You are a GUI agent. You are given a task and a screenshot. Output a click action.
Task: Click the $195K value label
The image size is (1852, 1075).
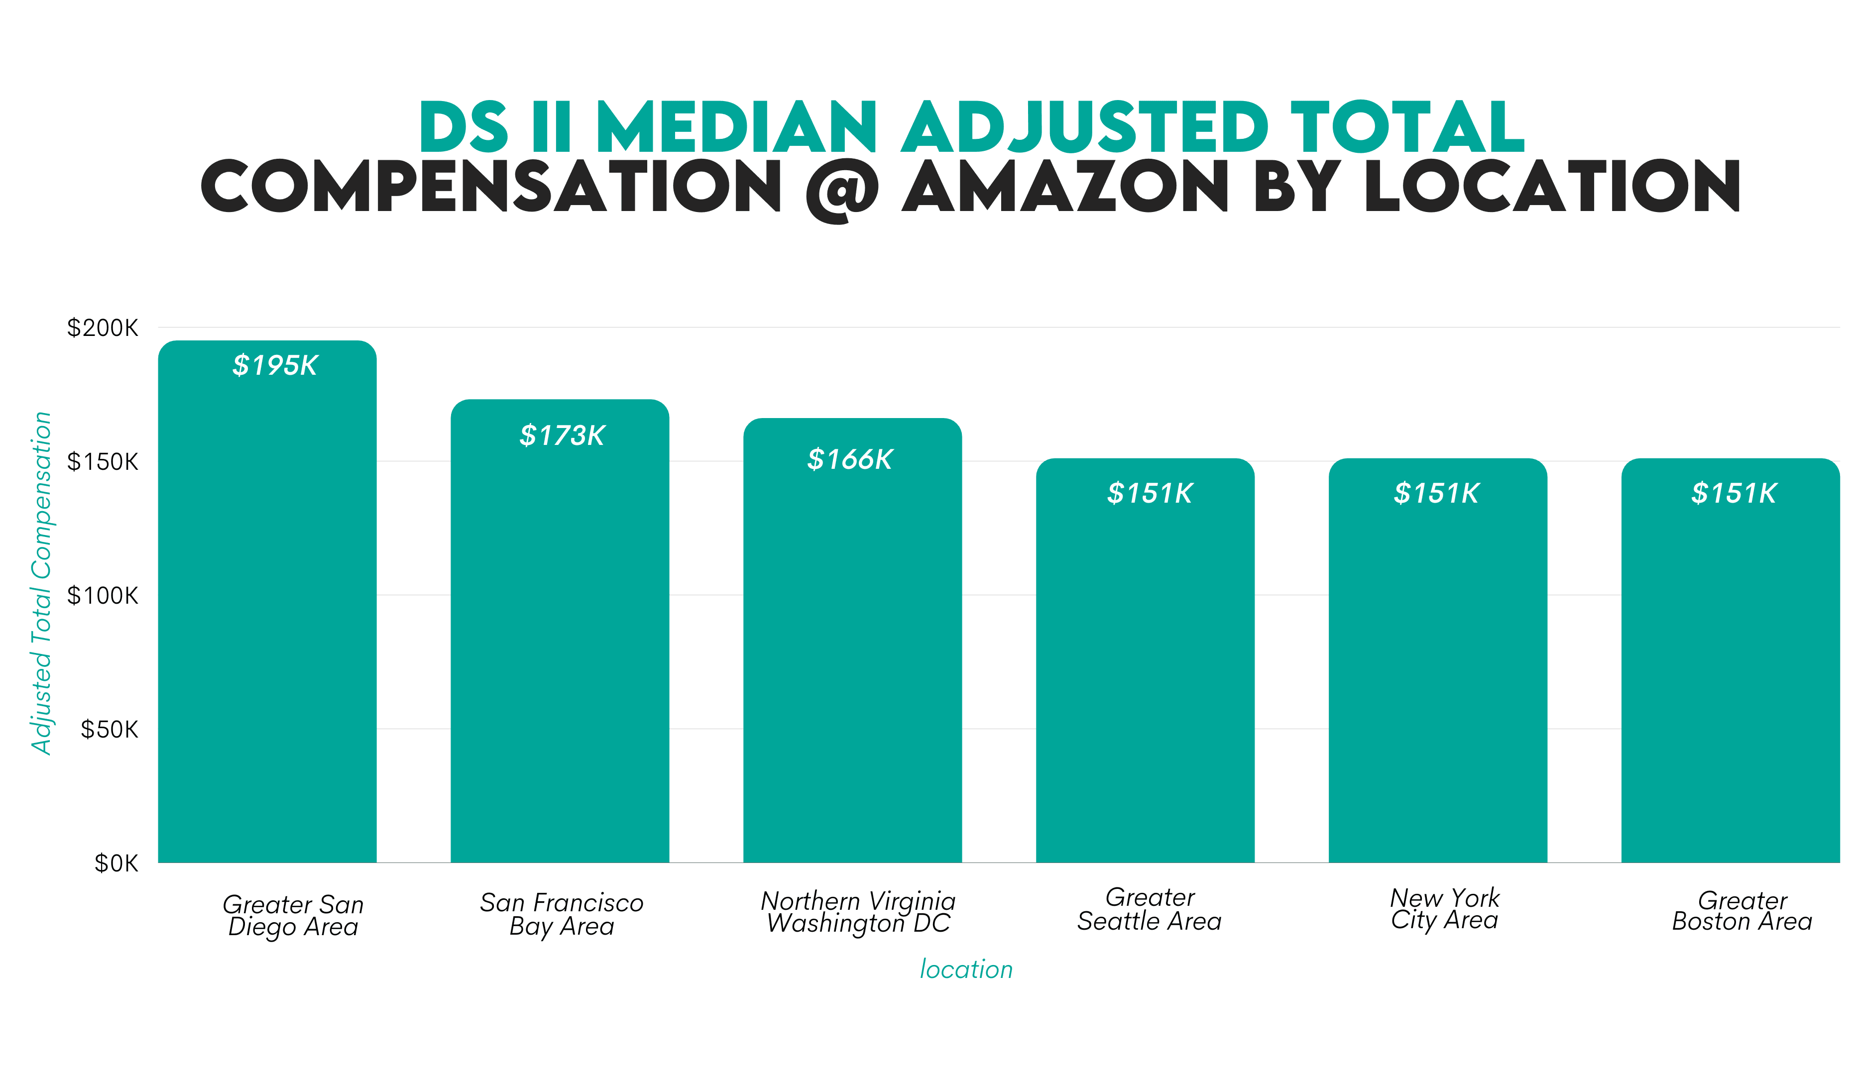point(275,365)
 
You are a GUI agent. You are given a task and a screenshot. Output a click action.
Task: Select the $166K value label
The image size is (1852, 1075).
point(849,459)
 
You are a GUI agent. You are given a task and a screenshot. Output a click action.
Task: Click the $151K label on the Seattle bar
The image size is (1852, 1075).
point(1150,493)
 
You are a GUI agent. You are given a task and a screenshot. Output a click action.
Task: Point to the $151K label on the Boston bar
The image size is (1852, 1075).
point(1734,493)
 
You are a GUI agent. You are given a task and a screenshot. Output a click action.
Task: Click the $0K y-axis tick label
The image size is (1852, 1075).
point(116,862)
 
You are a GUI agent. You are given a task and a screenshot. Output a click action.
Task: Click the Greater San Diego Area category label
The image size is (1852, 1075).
point(293,915)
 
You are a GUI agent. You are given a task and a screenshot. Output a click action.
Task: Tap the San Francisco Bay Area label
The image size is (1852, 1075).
point(562,913)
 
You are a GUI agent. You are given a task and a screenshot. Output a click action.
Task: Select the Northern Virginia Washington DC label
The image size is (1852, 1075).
point(858,911)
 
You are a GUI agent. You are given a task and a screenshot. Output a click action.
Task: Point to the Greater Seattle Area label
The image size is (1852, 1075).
point(1150,909)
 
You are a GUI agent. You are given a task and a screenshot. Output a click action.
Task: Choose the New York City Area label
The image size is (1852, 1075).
point(1444,908)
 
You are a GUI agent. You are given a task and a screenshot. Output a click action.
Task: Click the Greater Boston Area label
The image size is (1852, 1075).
point(1742,910)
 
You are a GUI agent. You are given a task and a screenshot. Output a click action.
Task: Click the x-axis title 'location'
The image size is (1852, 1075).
point(966,969)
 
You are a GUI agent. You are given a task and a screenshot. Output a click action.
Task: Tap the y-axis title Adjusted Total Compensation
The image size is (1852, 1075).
point(41,583)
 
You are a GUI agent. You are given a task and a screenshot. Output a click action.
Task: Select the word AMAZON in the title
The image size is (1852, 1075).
point(1065,186)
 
